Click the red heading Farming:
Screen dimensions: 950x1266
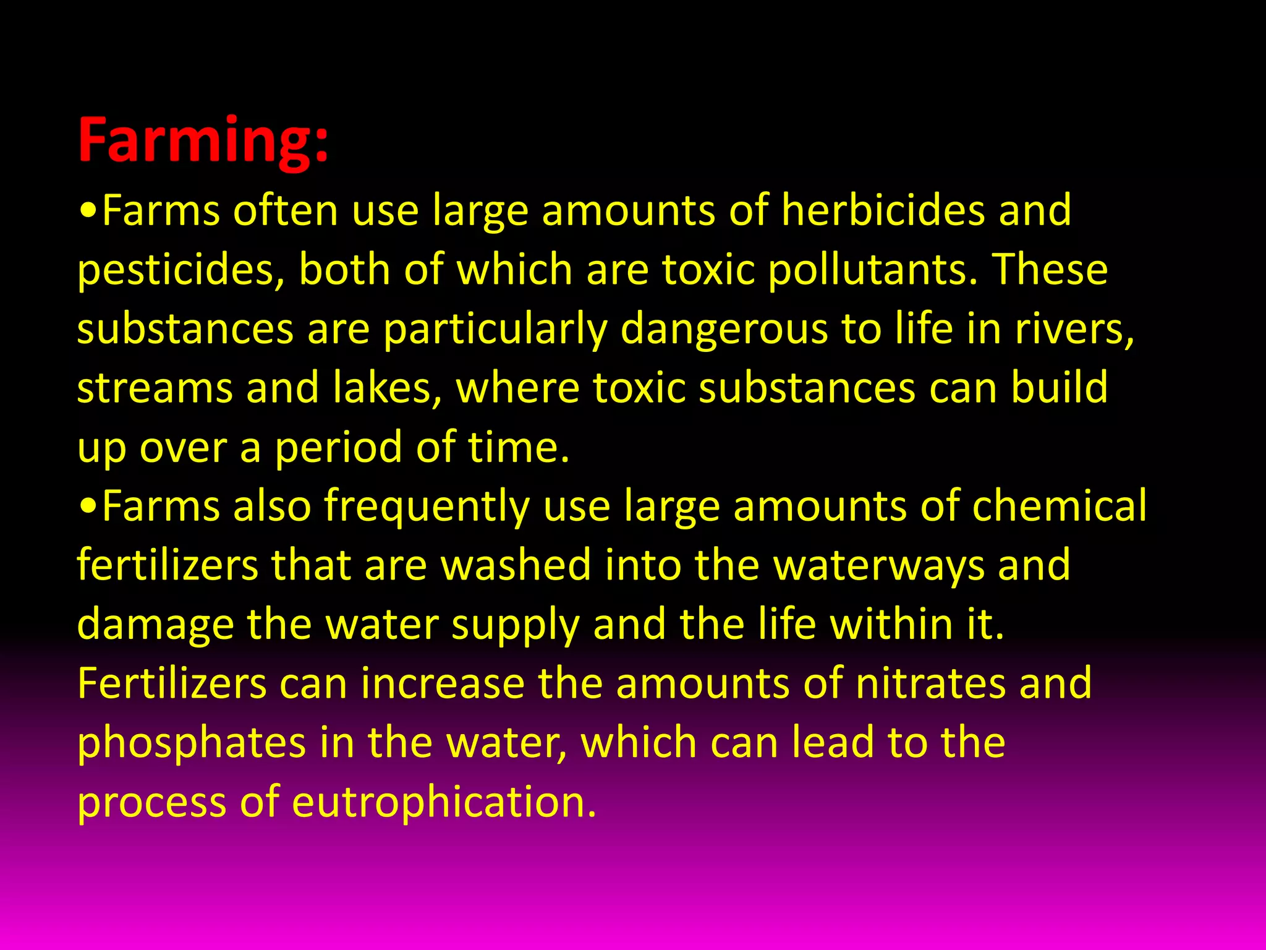point(203,141)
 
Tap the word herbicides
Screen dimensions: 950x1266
point(883,210)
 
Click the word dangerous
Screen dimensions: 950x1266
point(723,329)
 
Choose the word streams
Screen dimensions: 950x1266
point(155,388)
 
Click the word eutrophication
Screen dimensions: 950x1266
point(444,802)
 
